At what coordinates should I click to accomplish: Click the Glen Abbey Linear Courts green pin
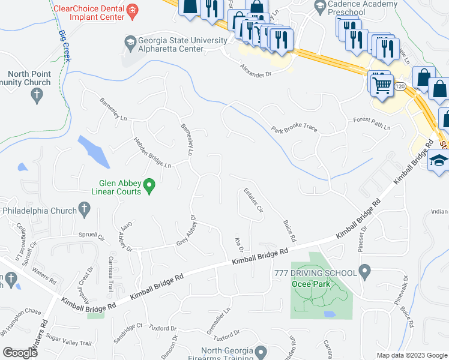151,186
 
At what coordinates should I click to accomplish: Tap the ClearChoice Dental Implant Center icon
133,10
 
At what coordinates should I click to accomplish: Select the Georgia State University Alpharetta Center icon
129,43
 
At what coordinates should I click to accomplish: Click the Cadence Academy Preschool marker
319,7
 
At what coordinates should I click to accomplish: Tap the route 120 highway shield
400,87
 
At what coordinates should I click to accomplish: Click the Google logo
20,352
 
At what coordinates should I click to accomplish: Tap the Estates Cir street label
253,200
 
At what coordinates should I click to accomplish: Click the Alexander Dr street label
256,70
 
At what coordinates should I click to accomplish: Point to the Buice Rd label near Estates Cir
289,231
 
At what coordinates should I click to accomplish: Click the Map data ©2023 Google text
411,355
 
